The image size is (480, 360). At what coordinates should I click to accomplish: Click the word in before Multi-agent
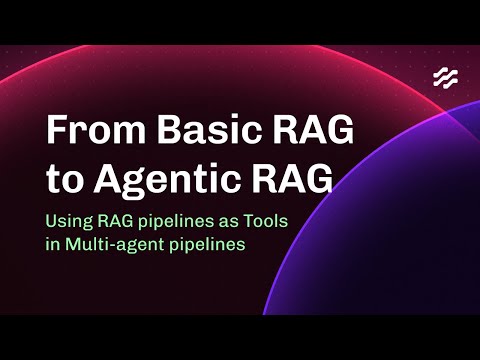[x=53, y=245]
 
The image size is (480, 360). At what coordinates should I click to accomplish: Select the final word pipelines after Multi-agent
[x=208, y=246]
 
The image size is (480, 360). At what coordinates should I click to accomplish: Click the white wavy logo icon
[x=445, y=78]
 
